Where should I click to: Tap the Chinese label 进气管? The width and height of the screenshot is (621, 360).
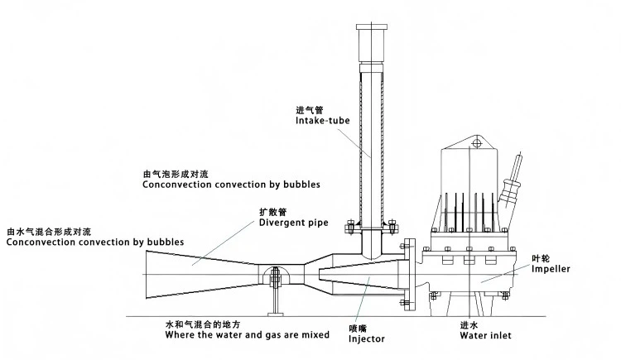(x=308, y=109)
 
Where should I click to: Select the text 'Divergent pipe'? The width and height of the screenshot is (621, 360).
(x=293, y=223)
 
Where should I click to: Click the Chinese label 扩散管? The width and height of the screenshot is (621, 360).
(x=272, y=211)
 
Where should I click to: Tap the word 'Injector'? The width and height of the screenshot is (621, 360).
(x=366, y=338)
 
